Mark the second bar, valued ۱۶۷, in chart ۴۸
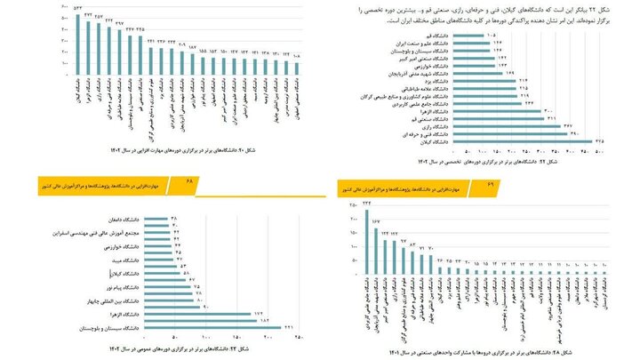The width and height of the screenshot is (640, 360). pos(376,244)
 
